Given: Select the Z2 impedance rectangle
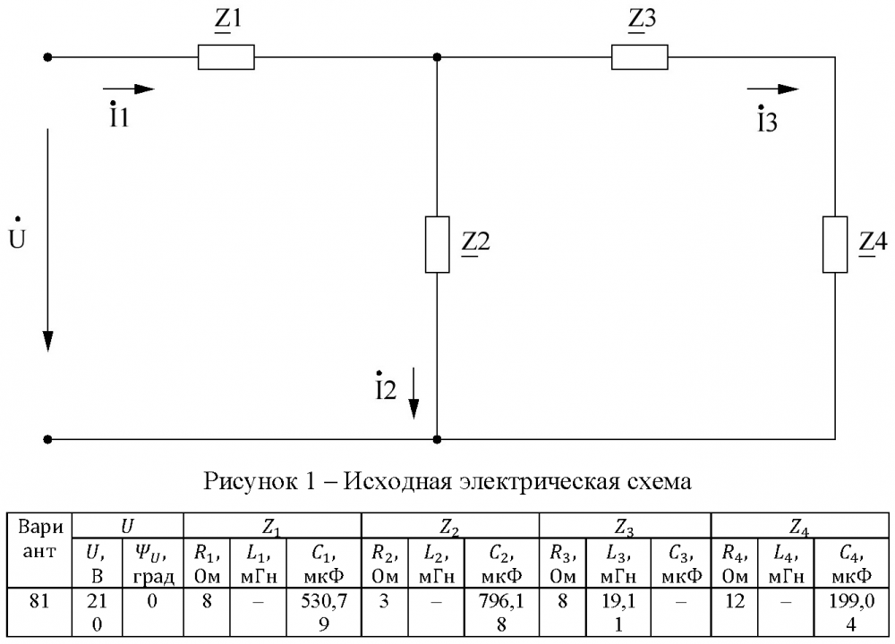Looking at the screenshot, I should [x=437, y=243].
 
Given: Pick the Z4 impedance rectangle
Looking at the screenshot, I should [x=834, y=243].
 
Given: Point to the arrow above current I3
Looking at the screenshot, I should [x=771, y=89].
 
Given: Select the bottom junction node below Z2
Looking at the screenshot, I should [x=437, y=439].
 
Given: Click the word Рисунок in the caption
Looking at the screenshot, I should [x=247, y=482].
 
